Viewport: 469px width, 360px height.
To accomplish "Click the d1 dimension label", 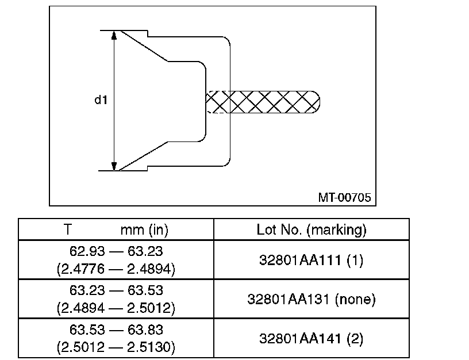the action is [101, 99].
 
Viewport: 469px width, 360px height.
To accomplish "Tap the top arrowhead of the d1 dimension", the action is [114, 35].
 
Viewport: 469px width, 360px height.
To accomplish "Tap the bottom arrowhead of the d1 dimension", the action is [114, 166].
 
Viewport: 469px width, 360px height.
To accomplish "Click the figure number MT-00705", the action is [344, 197].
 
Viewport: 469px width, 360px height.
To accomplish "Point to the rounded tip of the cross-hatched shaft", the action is [320, 102].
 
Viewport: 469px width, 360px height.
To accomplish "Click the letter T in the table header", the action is [68, 229].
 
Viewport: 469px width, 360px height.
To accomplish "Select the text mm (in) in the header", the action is [144, 230].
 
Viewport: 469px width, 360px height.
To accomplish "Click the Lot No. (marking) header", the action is [312, 230].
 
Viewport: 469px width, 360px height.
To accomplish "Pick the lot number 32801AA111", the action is [300, 260].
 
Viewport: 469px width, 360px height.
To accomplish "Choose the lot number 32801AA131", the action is [289, 299].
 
